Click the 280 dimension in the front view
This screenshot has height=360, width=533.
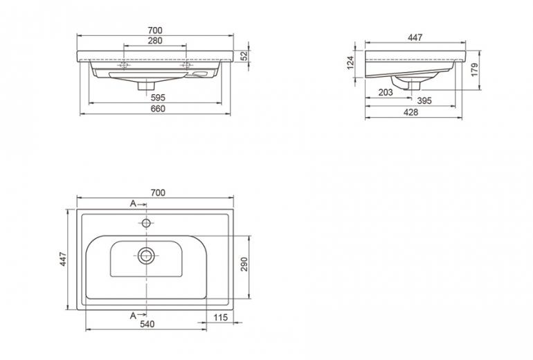pos(155,41)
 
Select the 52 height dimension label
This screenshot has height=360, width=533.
pos(244,55)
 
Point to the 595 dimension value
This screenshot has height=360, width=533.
pos(158,98)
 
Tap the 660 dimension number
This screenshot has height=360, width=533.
pos(158,109)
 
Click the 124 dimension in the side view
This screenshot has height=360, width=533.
pos(350,63)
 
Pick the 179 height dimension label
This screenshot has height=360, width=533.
pos(475,70)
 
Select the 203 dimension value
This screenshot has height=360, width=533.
pos(386,92)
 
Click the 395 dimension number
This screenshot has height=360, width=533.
pos(424,100)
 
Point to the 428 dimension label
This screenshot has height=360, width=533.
pos(411,112)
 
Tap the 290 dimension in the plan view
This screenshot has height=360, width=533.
pos(244,264)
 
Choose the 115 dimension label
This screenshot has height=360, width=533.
pos(221,318)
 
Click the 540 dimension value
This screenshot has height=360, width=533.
pos(147,324)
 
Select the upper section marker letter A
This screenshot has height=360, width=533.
pos(133,204)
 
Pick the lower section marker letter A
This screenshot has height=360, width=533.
pos(133,316)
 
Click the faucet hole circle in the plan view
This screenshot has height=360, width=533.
pos(146,223)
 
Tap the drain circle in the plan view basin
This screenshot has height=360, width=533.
pos(146,255)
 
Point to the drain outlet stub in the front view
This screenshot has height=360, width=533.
pos(146,85)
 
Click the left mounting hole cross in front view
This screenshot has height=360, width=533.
pos(124,64)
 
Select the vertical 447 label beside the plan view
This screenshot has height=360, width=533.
pos(64,259)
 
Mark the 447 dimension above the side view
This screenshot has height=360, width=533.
pos(415,37)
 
